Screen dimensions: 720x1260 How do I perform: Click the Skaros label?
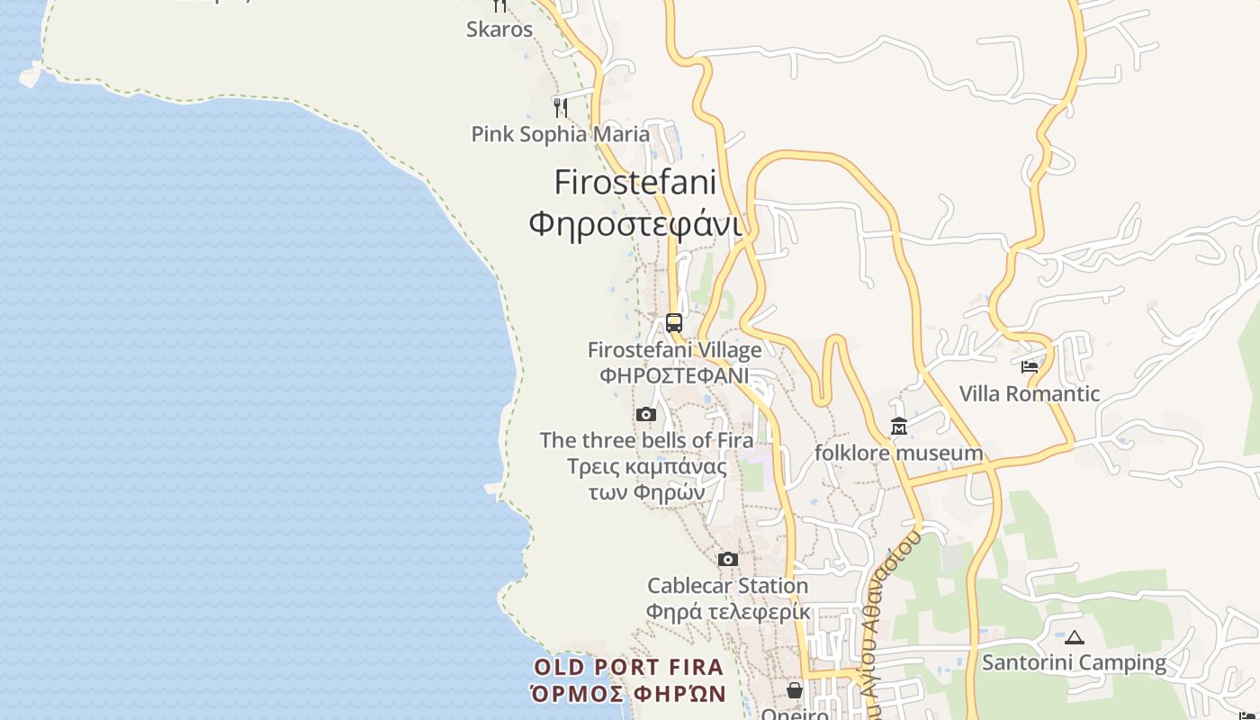pyautogui.click(x=499, y=30)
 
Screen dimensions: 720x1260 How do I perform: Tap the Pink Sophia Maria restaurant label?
pyautogui.click(x=560, y=134)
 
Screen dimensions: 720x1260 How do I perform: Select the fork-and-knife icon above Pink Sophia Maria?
pyautogui.click(x=560, y=107)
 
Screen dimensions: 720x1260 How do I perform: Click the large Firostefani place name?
pyautogui.click(x=635, y=182)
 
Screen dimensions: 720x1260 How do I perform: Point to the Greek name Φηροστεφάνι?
pyautogui.click(x=635, y=223)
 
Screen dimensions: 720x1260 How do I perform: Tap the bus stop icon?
pyautogui.click(x=674, y=322)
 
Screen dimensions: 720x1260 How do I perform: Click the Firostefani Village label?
pyautogui.click(x=674, y=350)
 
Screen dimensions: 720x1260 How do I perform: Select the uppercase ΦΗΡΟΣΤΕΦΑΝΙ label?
pyautogui.click(x=674, y=374)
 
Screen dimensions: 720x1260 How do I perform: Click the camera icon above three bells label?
pyautogui.click(x=645, y=415)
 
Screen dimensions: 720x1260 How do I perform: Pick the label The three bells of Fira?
pyautogui.click(x=646, y=441)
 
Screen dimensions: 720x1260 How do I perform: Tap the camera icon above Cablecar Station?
pyautogui.click(x=727, y=560)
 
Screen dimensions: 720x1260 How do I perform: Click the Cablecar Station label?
pyautogui.click(x=727, y=586)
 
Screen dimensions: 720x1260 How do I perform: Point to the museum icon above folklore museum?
pyautogui.click(x=898, y=426)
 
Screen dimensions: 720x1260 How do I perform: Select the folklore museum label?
pyautogui.click(x=898, y=453)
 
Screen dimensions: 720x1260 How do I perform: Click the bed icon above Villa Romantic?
pyautogui.click(x=1030, y=366)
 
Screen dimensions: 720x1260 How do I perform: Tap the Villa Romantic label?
pyautogui.click(x=1030, y=393)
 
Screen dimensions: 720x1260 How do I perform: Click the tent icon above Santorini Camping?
pyautogui.click(x=1074, y=637)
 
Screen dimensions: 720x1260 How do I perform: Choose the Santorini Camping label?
pyautogui.click(x=1074, y=663)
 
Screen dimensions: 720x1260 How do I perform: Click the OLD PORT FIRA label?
pyautogui.click(x=629, y=668)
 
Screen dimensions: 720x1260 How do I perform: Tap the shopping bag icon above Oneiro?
pyautogui.click(x=795, y=690)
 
